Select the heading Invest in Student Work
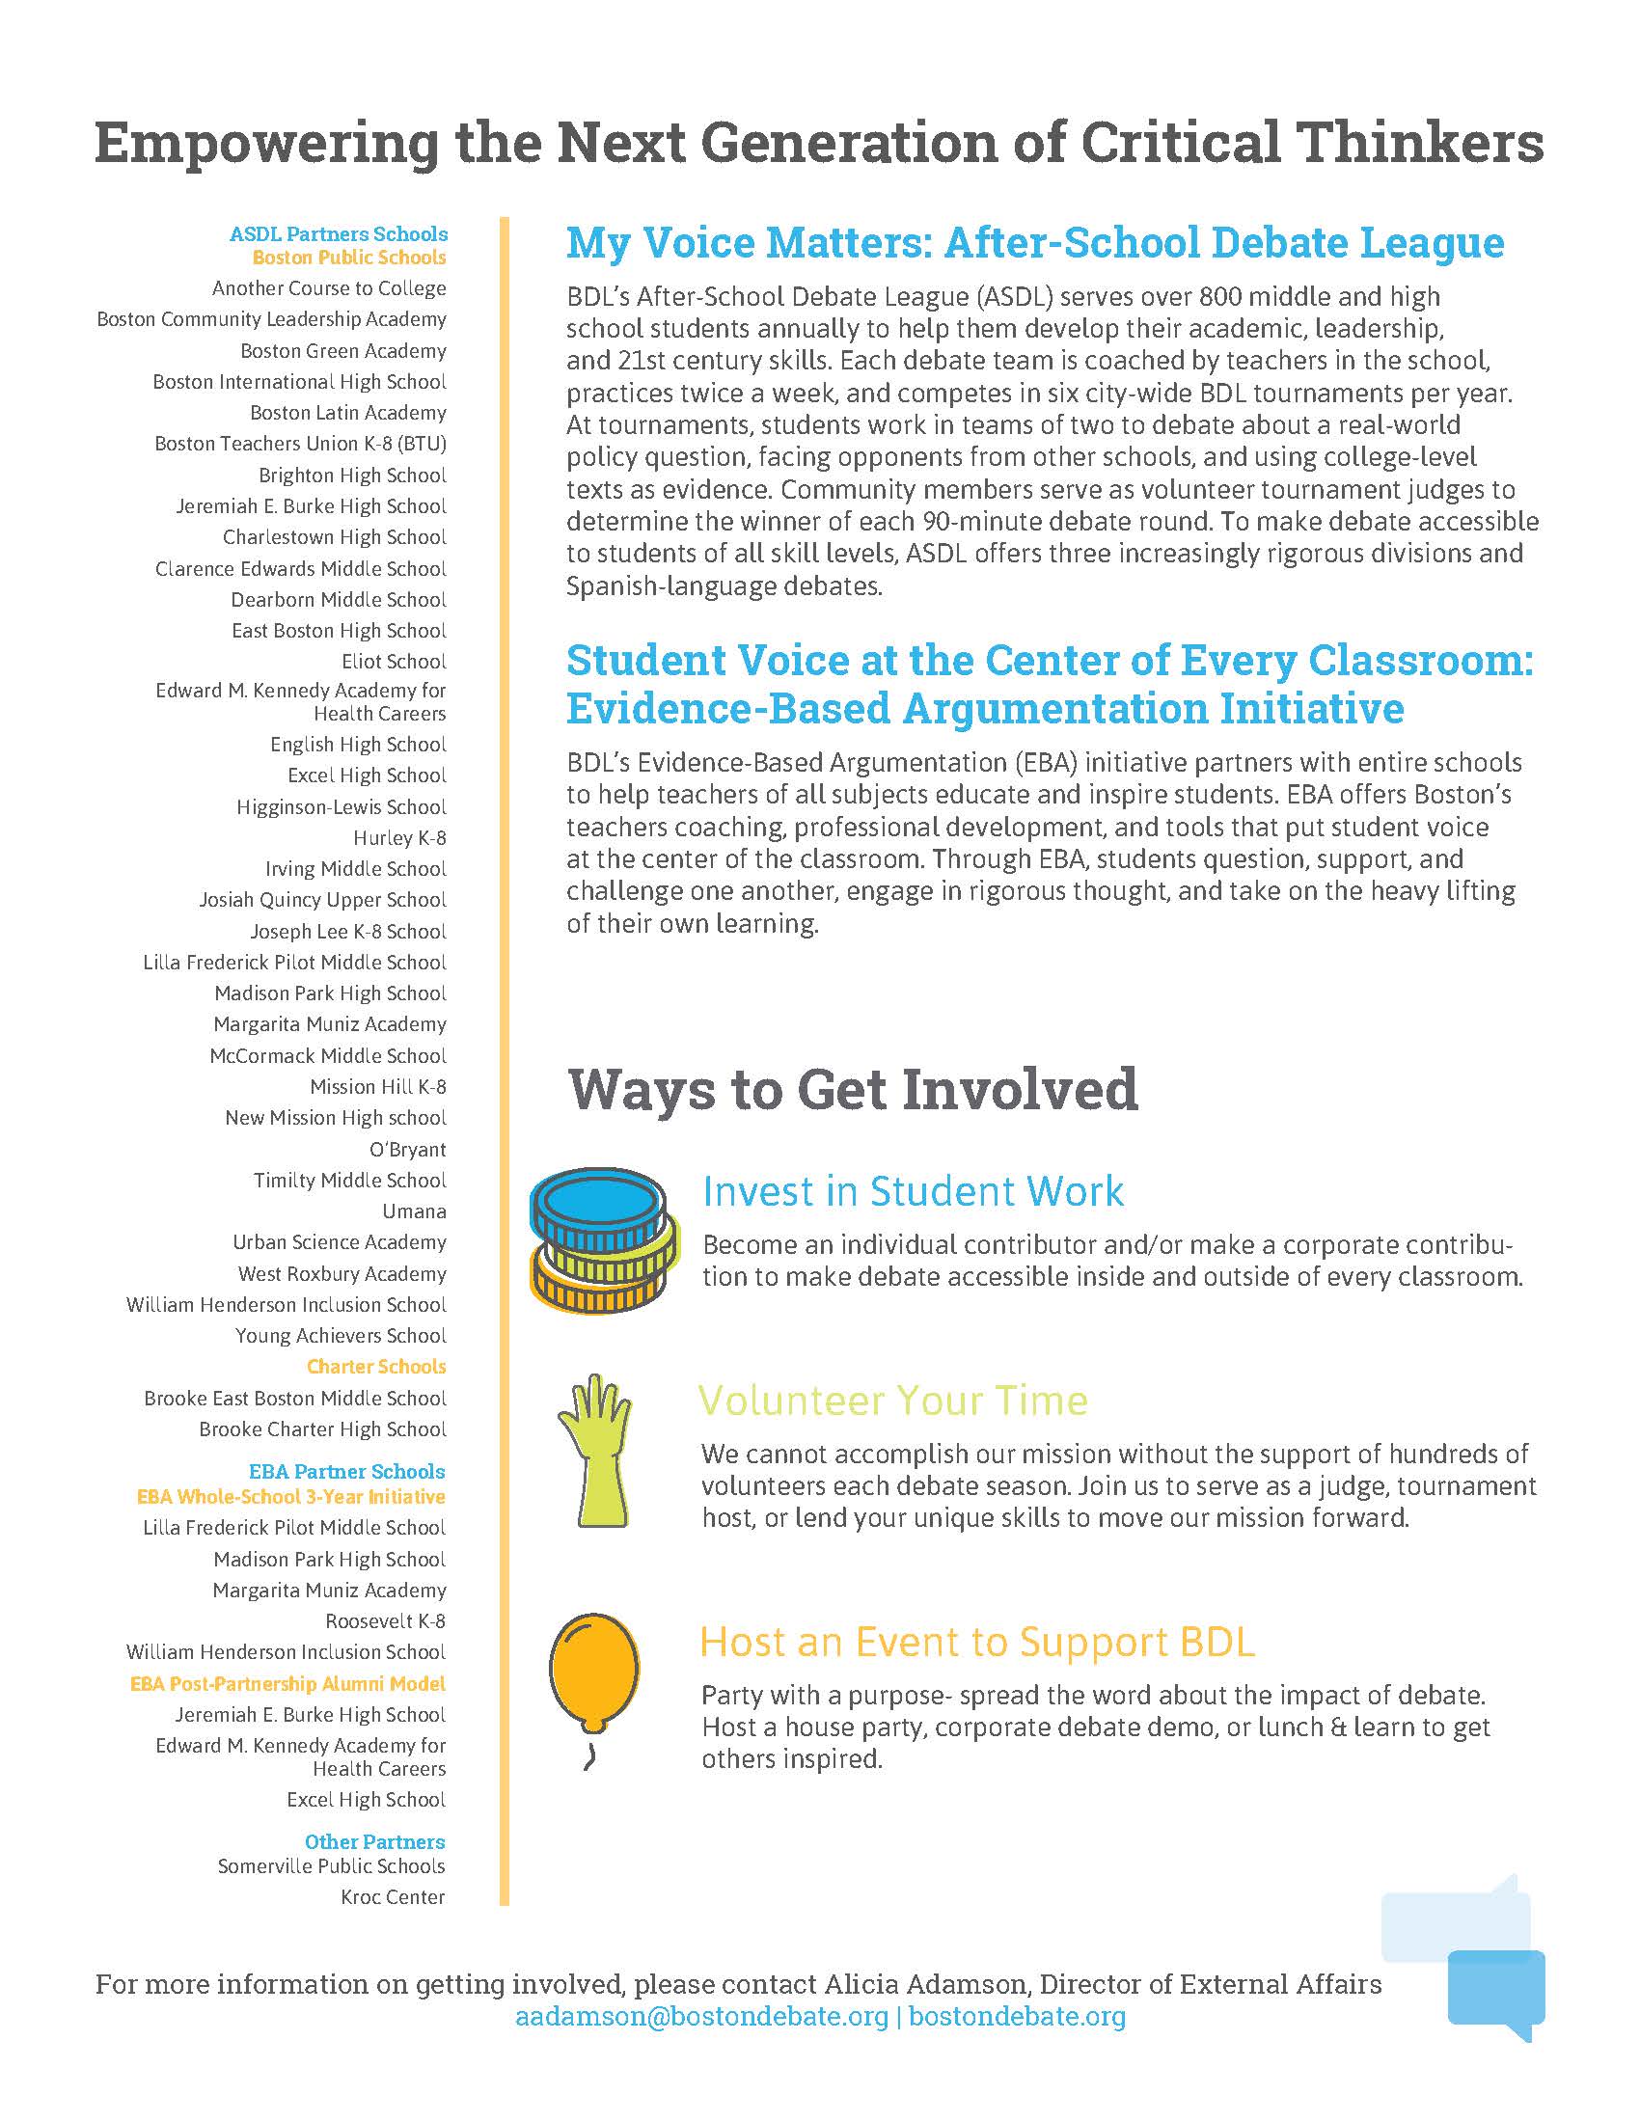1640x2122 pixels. tap(913, 1191)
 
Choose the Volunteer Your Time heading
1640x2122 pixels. tap(893, 1401)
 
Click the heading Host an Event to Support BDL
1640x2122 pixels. tap(977, 1642)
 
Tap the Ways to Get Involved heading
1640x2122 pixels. tap(852, 1089)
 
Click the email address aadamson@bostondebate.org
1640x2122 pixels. tap(702, 2016)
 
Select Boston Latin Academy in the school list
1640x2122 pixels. tap(348, 413)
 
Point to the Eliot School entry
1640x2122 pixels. tap(394, 662)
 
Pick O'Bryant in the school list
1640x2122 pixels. tap(407, 1150)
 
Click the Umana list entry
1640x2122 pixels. tap(414, 1211)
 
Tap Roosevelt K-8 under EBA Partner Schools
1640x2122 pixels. tap(385, 1621)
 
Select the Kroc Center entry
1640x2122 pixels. tap(393, 1897)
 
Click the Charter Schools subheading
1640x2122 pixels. tap(376, 1367)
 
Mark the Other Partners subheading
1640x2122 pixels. tap(374, 1842)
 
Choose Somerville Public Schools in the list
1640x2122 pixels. tap(330, 1866)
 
